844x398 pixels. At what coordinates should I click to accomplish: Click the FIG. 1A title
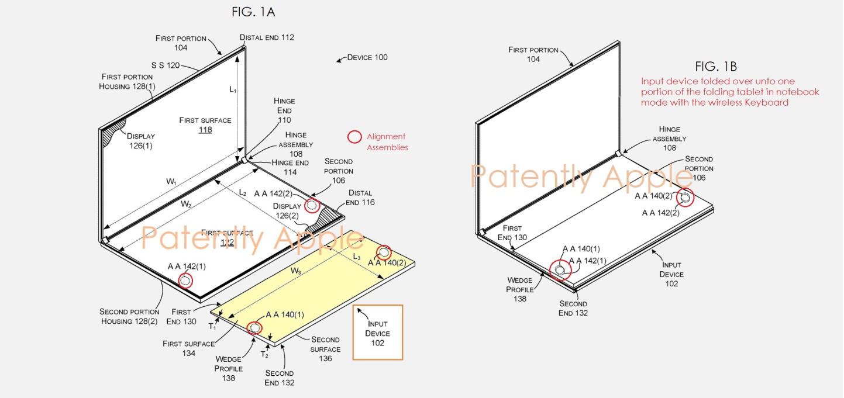pos(253,11)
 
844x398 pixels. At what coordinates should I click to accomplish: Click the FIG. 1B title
pos(716,66)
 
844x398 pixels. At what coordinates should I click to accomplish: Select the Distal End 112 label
pos(267,37)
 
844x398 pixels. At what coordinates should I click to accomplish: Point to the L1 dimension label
pos(233,89)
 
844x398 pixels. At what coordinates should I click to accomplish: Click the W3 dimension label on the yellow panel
pos(297,271)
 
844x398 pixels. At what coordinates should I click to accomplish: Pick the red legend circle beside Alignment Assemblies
pos(354,137)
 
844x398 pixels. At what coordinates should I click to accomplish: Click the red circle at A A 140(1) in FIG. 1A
pos(254,328)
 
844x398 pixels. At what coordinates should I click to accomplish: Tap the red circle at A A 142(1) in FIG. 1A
pos(185,281)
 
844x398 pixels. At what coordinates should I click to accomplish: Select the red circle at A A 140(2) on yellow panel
pos(384,252)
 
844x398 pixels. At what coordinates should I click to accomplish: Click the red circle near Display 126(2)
pos(312,205)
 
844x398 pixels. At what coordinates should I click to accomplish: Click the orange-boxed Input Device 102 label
pos(377,333)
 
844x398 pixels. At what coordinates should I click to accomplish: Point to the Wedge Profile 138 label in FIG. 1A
pos(228,369)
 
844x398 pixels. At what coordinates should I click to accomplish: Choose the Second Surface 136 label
pos(325,349)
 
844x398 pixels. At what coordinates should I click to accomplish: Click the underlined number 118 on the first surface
pos(205,130)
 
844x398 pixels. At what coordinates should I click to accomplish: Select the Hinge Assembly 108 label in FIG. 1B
pos(669,139)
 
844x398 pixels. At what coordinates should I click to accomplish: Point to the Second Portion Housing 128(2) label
pos(129,316)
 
